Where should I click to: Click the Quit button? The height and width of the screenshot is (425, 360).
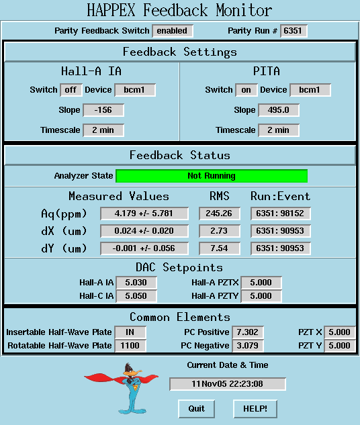197,409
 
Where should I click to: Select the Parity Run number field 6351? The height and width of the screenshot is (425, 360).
294,31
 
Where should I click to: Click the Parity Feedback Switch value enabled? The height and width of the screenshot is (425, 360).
173,31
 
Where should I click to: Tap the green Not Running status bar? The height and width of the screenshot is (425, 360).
212,176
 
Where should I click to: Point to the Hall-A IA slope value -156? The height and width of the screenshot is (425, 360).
103,110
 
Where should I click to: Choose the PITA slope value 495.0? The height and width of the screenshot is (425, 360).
279,110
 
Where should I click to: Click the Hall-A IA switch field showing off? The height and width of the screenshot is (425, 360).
71,90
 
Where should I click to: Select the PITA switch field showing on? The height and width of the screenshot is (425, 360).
246,90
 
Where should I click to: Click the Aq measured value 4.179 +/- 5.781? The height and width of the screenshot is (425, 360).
144,214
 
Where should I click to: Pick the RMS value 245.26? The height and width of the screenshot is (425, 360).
220,214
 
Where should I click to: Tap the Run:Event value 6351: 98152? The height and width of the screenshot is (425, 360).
281,214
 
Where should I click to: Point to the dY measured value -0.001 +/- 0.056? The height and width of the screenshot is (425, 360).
144,248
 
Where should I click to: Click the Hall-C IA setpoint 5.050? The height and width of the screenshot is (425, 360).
136,295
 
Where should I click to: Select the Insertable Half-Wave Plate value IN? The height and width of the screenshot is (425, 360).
130,332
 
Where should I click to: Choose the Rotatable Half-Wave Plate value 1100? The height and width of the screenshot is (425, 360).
130,346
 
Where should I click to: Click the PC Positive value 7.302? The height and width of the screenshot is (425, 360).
248,332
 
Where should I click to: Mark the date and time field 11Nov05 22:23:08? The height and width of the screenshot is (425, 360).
228,384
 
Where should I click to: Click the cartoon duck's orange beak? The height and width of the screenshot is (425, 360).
136,372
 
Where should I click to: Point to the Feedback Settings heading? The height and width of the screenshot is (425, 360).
180,52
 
